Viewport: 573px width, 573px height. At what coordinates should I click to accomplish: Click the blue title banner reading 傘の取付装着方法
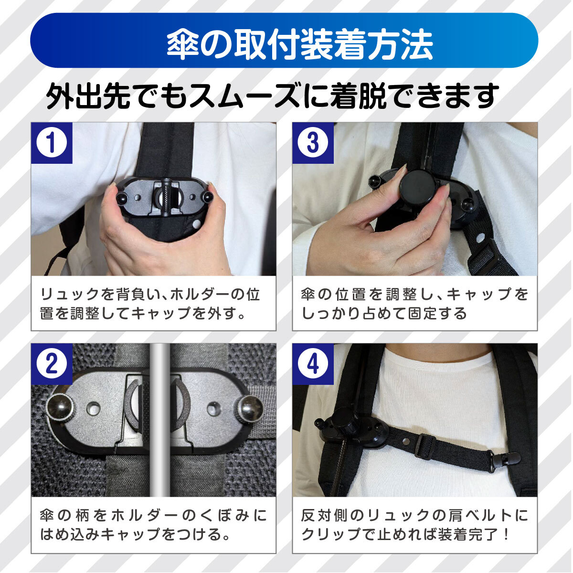click(x=284, y=40)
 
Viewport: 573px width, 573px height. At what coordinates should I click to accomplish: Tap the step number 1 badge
click(x=52, y=143)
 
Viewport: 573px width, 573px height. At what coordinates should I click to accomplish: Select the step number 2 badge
click(x=52, y=364)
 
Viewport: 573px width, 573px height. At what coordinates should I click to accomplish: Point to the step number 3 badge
click(x=313, y=143)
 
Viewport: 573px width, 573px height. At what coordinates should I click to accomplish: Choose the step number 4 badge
click(x=313, y=364)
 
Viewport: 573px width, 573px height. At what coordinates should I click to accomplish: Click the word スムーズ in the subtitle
click(x=244, y=96)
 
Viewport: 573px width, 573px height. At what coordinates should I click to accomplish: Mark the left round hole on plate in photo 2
click(x=94, y=408)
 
